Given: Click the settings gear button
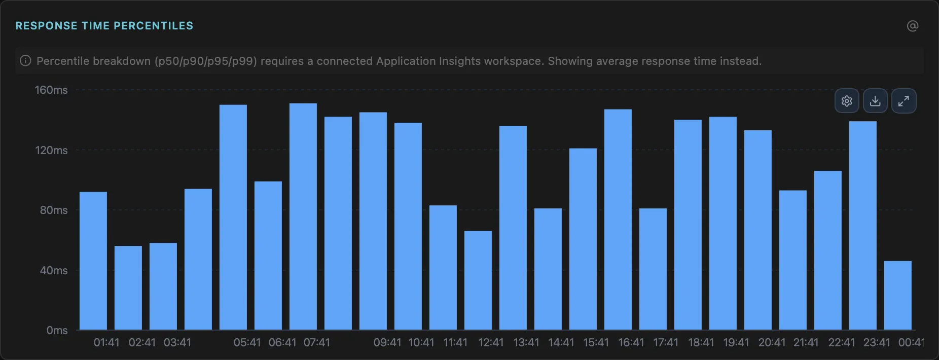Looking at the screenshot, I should click(847, 101).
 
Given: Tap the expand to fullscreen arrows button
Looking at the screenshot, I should click(904, 101).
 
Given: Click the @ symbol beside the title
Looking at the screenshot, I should click(913, 26).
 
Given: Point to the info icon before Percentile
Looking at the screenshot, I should click(25, 61).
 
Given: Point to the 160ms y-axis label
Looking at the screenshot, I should click(51, 90).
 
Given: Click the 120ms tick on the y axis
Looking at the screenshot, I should click(51, 150).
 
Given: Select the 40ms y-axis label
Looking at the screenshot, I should click(54, 270).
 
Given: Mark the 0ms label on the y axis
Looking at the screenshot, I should click(57, 331).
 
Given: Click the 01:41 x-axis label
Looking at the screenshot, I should click(106, 343).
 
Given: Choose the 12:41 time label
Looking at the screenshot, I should click(491, 343).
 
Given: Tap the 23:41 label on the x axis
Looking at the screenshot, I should click(876, 343).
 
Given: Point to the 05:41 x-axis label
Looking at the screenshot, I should click(247, 343).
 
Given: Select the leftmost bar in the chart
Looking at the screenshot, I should click(93, 261).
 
